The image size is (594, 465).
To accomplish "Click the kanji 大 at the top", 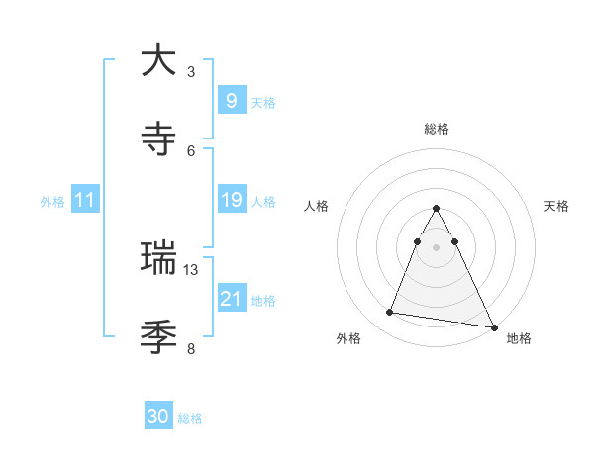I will (x=158, y=60).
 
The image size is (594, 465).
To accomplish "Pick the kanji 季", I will (x=158, y=337).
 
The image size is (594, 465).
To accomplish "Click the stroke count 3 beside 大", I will (x=191, y=71).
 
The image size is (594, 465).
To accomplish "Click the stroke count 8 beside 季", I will (x=191, y=348).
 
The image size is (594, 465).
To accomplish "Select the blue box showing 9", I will (x=231, y=100).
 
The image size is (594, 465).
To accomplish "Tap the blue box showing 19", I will (x=231, y=200).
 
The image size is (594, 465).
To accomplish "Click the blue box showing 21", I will (x=231, y=298).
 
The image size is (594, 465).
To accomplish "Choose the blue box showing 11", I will (x=84, y=200).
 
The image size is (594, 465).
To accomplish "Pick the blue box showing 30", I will (x=158, y=417).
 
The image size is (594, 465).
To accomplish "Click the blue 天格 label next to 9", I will (x=263, y=102).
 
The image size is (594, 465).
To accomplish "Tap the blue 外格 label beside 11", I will (x=52, y=202).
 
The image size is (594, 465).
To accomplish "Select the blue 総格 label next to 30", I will (x=190, y=418).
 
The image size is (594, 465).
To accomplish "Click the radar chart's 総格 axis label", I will (x=436, y=129).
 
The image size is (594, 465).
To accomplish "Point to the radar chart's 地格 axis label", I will (x=519, y=339).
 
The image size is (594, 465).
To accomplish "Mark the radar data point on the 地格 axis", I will (x=493, y=327).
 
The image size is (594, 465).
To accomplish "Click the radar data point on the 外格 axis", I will (x=390, y=313).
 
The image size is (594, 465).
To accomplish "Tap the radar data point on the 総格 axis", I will (x=436, y=209).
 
